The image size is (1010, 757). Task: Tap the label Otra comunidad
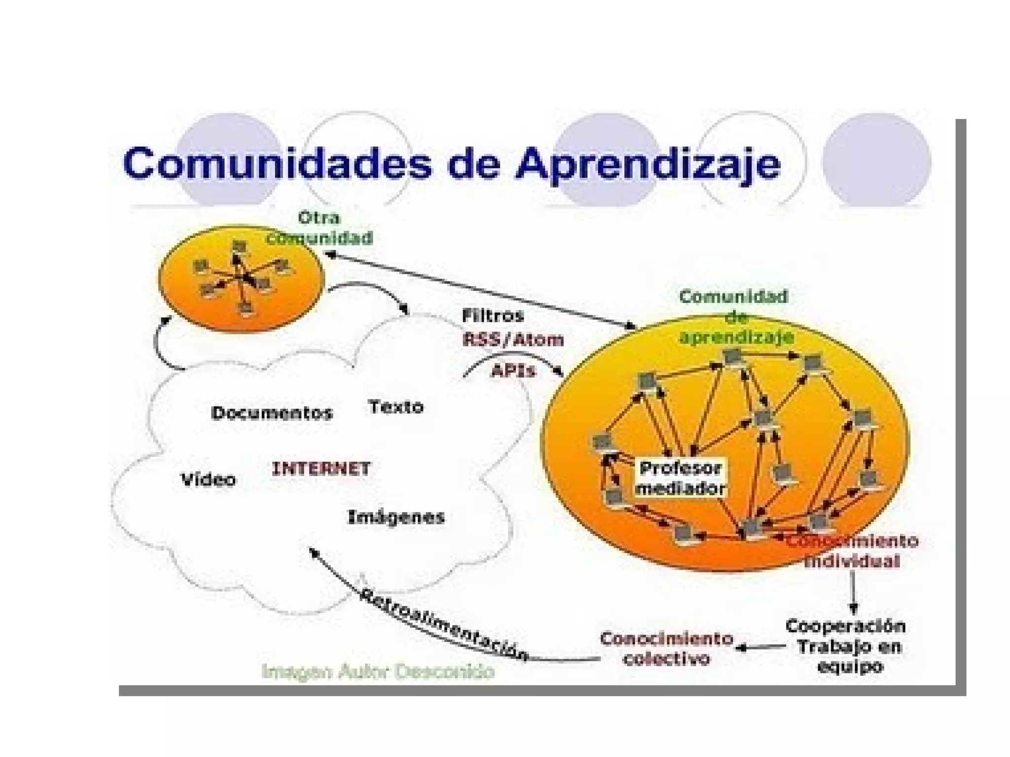320,228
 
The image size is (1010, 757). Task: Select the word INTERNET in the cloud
321,468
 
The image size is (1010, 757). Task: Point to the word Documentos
272,413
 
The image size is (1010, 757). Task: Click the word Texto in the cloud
396,407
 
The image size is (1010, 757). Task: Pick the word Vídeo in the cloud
208,479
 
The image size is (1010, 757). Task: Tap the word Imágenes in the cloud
396,517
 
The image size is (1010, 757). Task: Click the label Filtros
492,316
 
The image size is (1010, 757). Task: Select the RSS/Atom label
513,339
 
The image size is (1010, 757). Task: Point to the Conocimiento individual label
852,551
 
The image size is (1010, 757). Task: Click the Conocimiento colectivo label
666,649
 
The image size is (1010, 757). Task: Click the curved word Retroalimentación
444,624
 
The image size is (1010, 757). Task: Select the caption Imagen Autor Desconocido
378,671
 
